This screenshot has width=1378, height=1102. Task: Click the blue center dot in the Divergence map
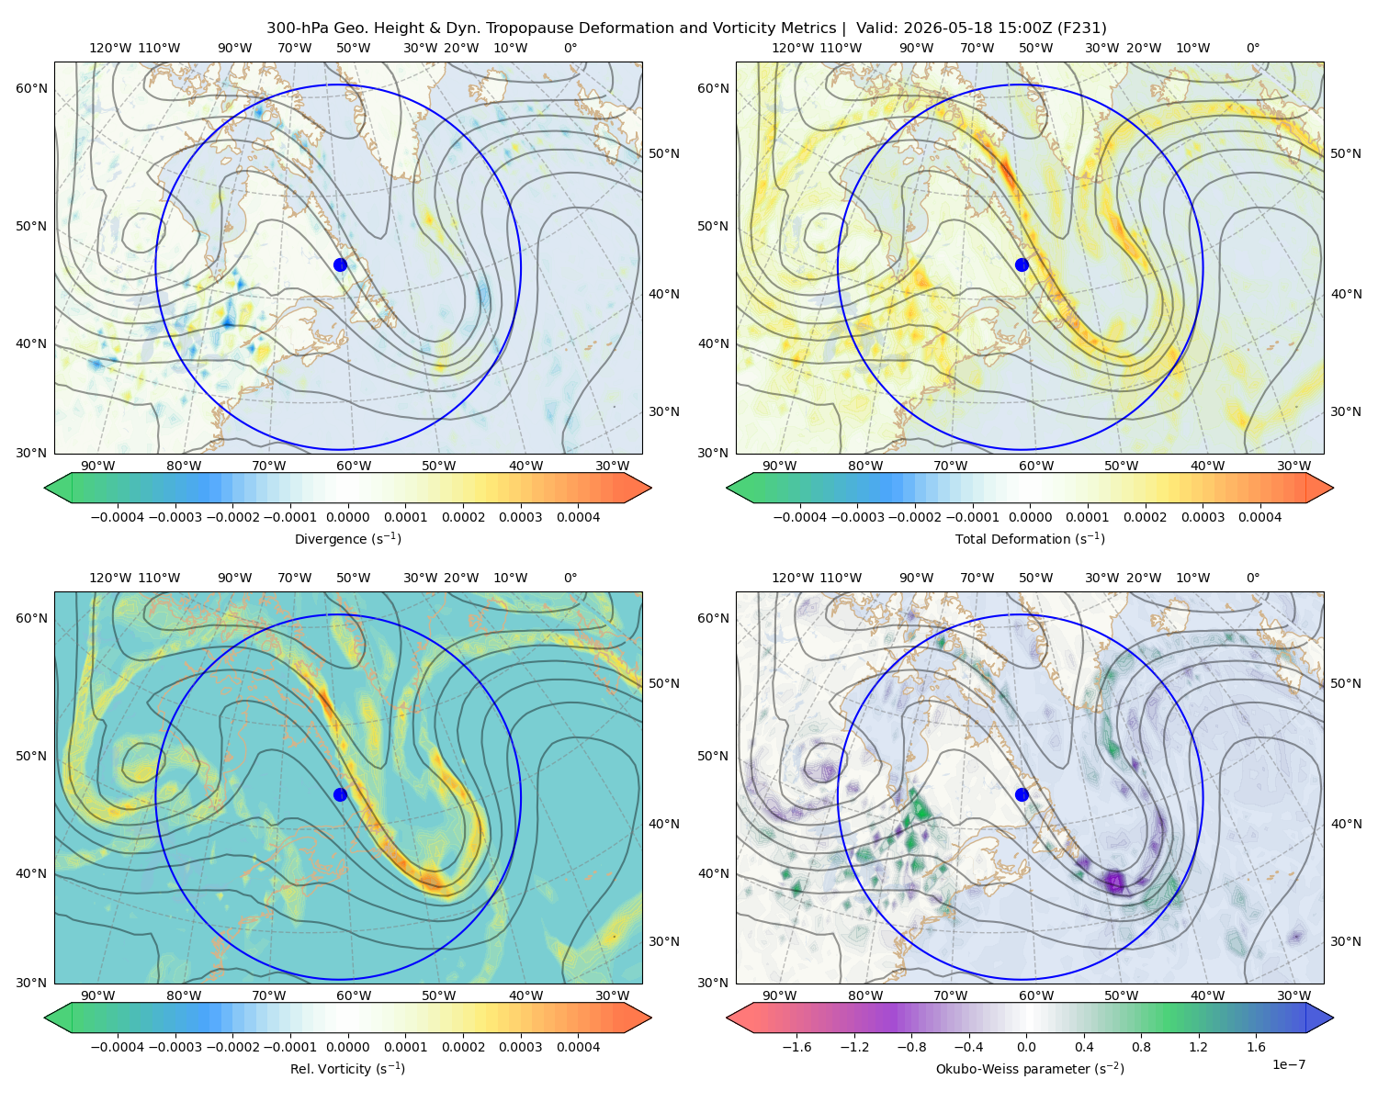click(x=340, y=264)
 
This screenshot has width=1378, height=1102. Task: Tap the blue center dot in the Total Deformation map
click(x=1022, y=264)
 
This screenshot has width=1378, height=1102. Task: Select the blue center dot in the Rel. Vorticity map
click(x=340, y=794)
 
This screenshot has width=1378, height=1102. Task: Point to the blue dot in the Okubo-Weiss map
click(x=1022, y=794)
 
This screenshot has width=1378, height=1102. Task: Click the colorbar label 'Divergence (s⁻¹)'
click(x=347, y=538)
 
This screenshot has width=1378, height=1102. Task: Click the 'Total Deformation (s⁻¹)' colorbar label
click(x=1030, y=538)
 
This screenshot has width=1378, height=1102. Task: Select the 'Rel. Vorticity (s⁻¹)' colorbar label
click(x=347, y=1068)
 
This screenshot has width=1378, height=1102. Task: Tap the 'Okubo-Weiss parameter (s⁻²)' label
click(x=1030, y=1068)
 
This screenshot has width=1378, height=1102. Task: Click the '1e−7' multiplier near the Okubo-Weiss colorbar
click(x=1288, y=1064)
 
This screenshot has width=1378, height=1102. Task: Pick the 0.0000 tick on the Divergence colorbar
click(x=347, y=517)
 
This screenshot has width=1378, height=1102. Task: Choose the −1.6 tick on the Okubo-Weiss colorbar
click(x=796, y=1046)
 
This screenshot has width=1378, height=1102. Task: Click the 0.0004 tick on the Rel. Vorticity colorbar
click(x=578, y=1046)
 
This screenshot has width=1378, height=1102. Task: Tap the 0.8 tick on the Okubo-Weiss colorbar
click(x=1141, y=1046)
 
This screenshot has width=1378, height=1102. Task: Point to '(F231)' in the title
click(x=1082, y=28)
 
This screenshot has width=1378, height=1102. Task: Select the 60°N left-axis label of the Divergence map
click(x=31, y=88)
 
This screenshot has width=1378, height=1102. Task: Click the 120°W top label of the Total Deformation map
click(x=792, y=48)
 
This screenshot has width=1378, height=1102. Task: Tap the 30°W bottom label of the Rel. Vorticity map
click(x=612, y=995)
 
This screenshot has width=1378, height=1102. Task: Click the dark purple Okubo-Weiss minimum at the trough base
click(x=1115, y=883)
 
